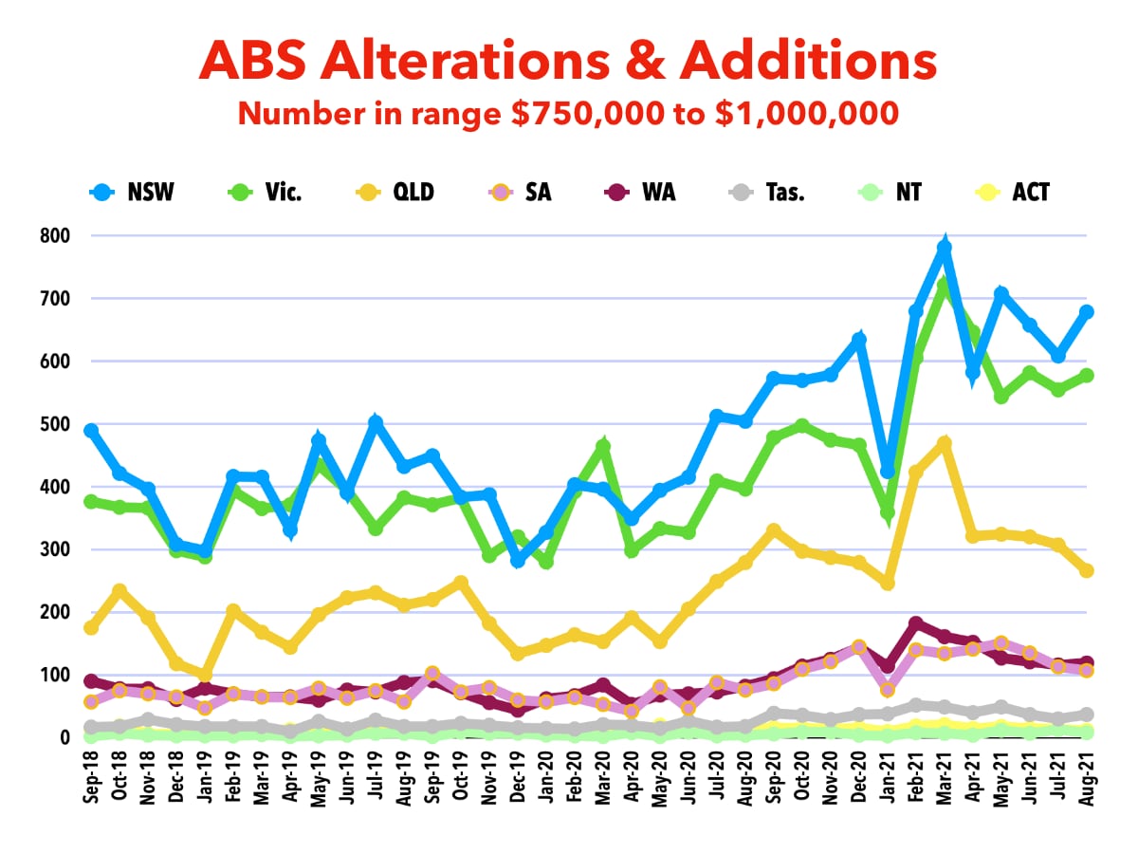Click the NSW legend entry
click(x=134, y=193)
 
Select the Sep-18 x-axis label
click(x=92, y=777)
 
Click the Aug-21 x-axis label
click(x=1087, y=777)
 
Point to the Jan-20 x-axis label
click(x=546, y=777)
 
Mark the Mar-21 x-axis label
click(x=945, y=777)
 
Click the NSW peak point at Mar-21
click(x=944, y=248)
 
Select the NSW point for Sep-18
click(x=91, y=431)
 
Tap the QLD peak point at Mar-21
click(x=944, y=443)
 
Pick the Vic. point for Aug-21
click(x=1087, y=376)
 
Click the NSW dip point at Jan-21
click(x=888, y=472)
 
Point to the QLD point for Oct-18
click(x=119, y=591)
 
